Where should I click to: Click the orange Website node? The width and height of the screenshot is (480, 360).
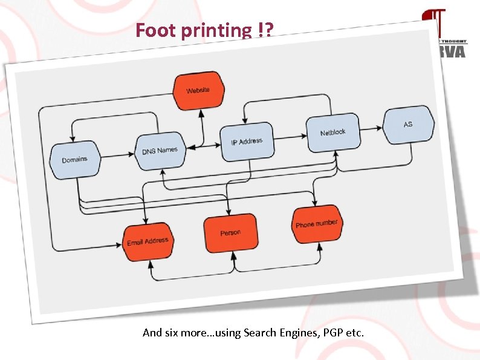click(x=198, y=91)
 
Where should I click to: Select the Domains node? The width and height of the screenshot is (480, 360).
click(x=75, y=160)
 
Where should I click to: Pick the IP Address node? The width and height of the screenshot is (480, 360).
click(x=246, y=142)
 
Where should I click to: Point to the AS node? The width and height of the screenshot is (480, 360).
click(x=408, y=125)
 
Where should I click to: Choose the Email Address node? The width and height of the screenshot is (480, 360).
click(x=148, y=241)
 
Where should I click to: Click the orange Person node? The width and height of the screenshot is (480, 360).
click(x=230, y=233)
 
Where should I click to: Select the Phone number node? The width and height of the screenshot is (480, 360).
click(x=316, y=224)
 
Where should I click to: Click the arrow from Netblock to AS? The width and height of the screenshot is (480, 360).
click(x=370, y=128)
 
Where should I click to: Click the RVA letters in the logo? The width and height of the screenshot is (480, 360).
click(x=453, y=51)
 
